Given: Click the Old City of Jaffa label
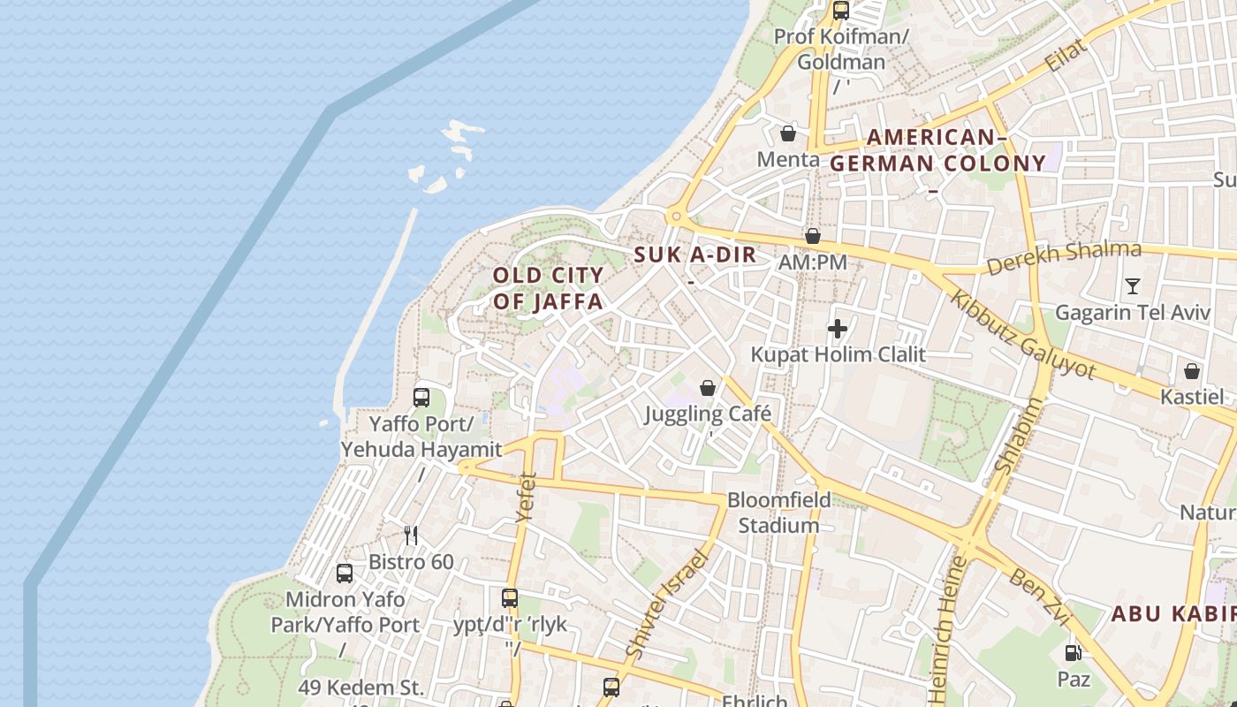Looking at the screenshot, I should click(548, 288).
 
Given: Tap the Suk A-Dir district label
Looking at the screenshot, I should click(695, 255).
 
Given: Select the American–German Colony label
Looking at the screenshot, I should click(937, 150).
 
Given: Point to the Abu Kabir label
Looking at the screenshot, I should click(1172, 613).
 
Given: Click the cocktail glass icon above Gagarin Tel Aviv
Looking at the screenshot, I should click(1133, 285).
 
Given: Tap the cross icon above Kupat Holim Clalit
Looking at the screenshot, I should click(837, 329).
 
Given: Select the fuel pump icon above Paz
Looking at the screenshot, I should click(1073, 653).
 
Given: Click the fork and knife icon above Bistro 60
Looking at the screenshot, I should click(410, 535).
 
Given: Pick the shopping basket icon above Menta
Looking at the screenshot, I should click(787, 133).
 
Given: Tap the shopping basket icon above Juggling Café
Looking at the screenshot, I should click(707, 387).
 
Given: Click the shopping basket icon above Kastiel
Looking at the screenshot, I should click(1191, 370).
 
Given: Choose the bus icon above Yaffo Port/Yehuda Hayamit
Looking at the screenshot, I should click(421, 397).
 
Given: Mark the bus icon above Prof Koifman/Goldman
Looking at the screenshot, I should click(840, 11).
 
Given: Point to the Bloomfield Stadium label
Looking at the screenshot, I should click(778, 513).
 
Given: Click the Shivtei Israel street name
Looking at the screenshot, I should click(667, 604).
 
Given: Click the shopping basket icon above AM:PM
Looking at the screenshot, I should click(812, 236).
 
